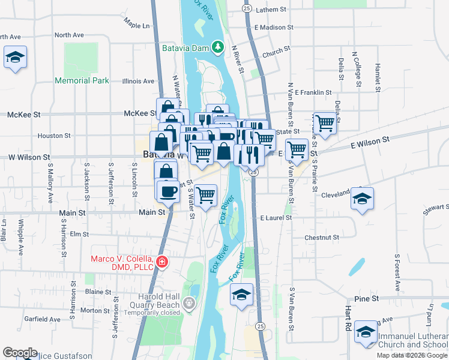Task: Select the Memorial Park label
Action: pyautogui.click(x=82, y=80)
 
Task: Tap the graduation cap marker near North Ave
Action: pyautogui.click(x=15, y=58)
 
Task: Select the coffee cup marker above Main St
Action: pyautogui.click(x=167, y=192)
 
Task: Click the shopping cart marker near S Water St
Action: pyautogui.click(x=206, y=195)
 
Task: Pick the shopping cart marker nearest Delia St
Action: pyautogui.click(x=325, y=124)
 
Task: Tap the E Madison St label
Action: pyautogui.click(x=274, y=28)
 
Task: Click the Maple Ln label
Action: pyautogui.click(x=137, y=26)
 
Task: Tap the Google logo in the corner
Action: pyautogui.click(x=20, y=353)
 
